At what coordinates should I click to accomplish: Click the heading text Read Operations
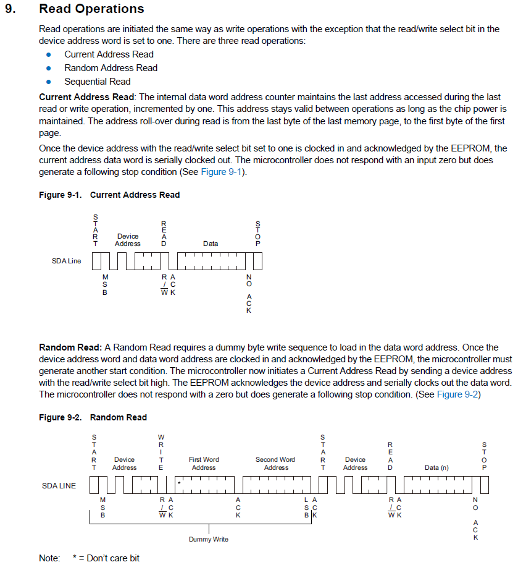pyautogui.click(x=91, y=9)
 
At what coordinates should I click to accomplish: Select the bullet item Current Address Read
pyautogui.click(x=109, y=54)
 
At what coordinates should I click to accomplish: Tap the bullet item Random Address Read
pyautogui.click(x=111, y=68)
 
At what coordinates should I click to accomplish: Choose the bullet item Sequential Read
pyautogui.click(x=98, y=82)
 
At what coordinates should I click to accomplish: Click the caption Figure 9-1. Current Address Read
pyautogui.click(x=109, y=195)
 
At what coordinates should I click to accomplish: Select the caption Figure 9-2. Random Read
pyautogui.click(x=93, y=417)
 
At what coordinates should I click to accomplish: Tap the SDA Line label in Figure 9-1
pyautogui.click(x=66, y=261)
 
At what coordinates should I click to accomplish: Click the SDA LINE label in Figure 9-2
pyautogui.click(x=59, y=485)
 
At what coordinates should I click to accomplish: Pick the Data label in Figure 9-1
pyautogui.click(x=211, y=244)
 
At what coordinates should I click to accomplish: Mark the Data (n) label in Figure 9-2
pyautogui.click(x=436, y=467)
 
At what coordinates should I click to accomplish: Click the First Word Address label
pyautogui.click(x=204, y=464)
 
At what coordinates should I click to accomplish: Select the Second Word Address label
pyautogui.click(x=275, y=464)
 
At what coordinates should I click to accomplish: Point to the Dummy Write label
pyautogui.click(x=208, y=539)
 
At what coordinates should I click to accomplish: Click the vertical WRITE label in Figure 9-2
pyautogui.click(x=161, y=453)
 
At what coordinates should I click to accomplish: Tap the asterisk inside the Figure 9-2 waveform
pyautogui.click(x=179, y=482)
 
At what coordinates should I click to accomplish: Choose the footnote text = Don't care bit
pyautogui.click(x=109, y=558)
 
